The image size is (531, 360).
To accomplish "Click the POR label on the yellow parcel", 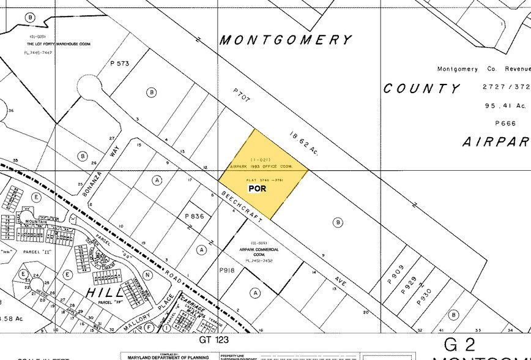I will tap(257, 189).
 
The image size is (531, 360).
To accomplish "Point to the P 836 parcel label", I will tap(195, 216).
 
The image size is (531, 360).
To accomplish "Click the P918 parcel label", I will tap(227, 269).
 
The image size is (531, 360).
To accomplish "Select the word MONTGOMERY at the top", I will tap(286, 40).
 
